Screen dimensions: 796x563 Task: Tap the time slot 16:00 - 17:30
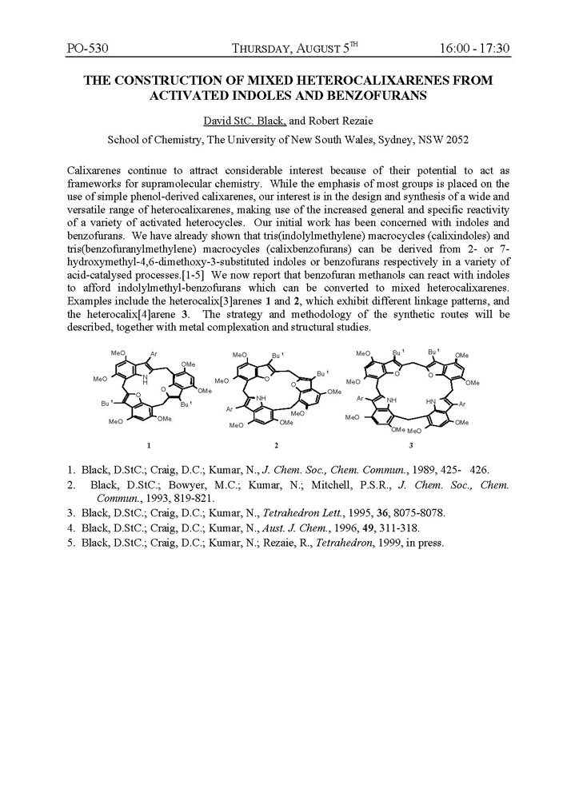coord(474,49)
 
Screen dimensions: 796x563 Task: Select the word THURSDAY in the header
coord(266,50)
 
